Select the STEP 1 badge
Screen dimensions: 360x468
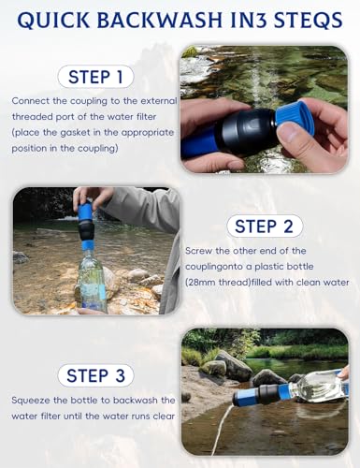pyautogui.click(x=95, y=77)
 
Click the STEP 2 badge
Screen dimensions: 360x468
pyautogui.click(x=265, y=227)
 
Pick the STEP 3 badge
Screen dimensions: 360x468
pyautogui.click(x=95, y=375)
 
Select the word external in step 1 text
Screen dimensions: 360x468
pyautogui.click(x=159, y=101)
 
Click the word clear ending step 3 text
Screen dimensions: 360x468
pyautogui.click(x=164, y=417)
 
